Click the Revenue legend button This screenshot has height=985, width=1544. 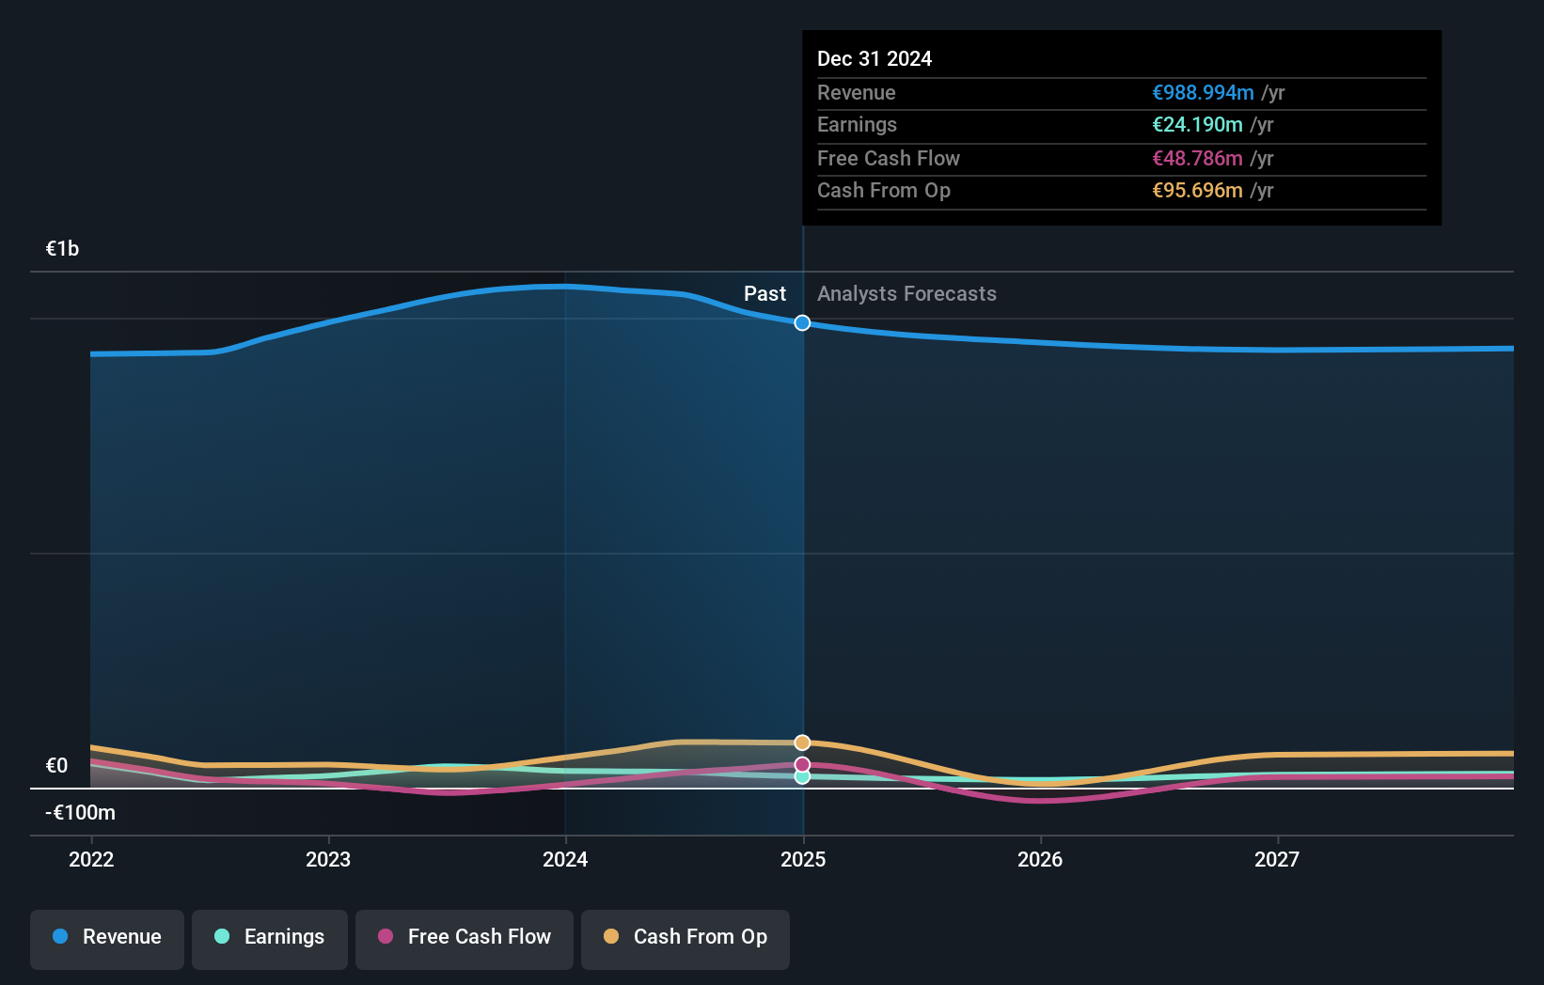click(x=107, y=938)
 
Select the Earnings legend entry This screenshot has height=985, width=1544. click(x=270, y=938)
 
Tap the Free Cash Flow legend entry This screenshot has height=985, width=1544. click(x=465, y=938)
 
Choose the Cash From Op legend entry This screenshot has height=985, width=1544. click(x=685, y=938)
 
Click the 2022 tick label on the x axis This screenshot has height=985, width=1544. click(x=91, y=859)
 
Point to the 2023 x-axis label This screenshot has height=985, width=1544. click(x=328, y=859)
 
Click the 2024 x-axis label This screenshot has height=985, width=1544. click(x=565, y=859)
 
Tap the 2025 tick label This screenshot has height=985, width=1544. click(x=803, y=859)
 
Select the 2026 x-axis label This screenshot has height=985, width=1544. click(x=1040, y=859)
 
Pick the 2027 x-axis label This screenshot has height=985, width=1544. click(x=1277, y=859)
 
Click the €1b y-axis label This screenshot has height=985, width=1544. click(x=62, y=249)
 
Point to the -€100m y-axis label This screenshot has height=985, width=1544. click(x=80, y=813)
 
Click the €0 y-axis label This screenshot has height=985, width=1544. click(x=56, y=766)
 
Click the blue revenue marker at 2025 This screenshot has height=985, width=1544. click(x=802, y=323)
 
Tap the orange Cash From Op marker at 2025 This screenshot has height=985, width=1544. click(x=802, y=743)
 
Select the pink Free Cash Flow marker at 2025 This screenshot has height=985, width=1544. click(x=802, y=764)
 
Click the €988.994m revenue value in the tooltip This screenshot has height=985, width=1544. click(x=1203, y=93)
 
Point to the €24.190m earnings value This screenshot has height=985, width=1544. click(x=1197, y=125)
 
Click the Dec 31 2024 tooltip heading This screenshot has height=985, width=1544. click(x=874, y=59)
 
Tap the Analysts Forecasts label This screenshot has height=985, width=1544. click(x=906, y=294)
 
